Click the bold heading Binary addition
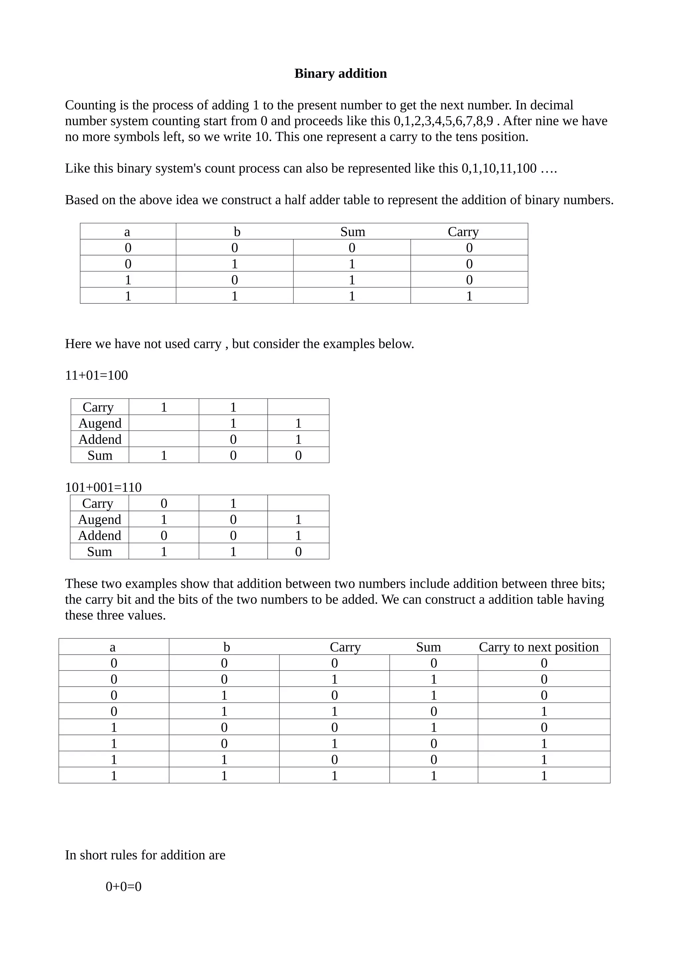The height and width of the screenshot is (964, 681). click(x=340, y=74)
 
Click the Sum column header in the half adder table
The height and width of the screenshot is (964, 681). click(x=352, y=232)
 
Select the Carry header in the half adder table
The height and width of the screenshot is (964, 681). click(x=463, y=232)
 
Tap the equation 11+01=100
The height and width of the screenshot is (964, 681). click(x=96, y=375)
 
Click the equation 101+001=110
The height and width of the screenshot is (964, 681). click(x=103, y=487)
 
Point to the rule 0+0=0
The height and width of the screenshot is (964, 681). click(x=123, y=886)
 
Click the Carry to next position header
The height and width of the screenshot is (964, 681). click(x=538, y=647)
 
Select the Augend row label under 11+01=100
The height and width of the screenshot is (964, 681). click(x=100, y=423)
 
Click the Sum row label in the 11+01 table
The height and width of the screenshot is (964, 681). click(x=100, y=455)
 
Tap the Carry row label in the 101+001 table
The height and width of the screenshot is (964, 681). click(x=98, y=503)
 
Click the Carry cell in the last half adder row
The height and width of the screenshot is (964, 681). click(x=469, y=296)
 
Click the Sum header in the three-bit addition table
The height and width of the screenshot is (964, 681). click(x=428, y=647)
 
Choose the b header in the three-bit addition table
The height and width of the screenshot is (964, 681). click(x=226, y=647)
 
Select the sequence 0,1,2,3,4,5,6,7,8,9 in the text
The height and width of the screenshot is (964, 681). click(x=443, y=121)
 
